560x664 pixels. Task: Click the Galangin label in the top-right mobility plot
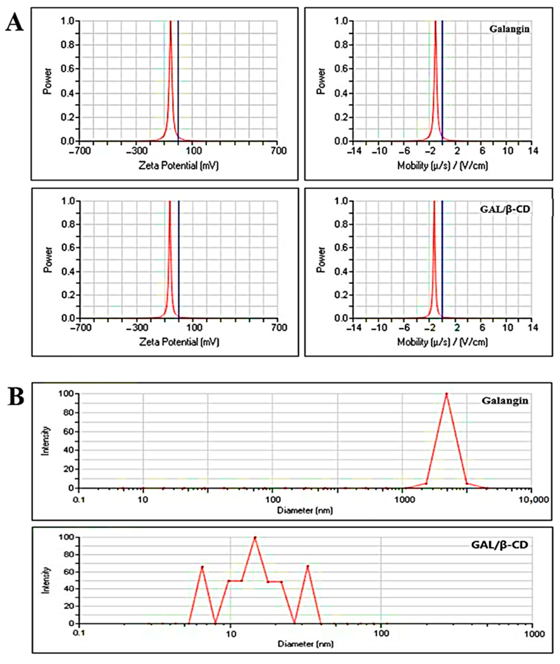coord(509,29)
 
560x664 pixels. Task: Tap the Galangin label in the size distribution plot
coord(505,401)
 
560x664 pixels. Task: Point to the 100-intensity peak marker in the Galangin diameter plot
coord(446,394)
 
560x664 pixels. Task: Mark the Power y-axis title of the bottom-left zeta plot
coord(48,260)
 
